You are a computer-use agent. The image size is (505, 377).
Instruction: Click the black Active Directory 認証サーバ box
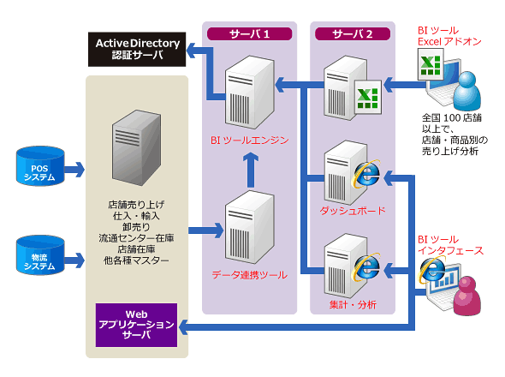137,50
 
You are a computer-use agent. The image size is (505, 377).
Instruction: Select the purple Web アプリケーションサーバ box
136,325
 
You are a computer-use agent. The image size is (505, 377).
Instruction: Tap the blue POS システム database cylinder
40,166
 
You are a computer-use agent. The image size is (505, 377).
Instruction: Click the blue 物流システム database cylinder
40,255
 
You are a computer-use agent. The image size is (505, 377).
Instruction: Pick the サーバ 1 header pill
249,34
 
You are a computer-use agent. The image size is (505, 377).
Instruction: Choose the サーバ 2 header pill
353,34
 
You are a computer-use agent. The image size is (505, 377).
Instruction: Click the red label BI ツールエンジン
250,141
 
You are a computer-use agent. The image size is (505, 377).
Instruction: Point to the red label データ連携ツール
250,275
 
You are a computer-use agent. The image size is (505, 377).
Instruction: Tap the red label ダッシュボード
353,211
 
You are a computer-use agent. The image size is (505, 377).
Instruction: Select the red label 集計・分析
353,304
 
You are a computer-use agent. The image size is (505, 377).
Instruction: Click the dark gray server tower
136,147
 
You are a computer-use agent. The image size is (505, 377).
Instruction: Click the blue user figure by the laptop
467,91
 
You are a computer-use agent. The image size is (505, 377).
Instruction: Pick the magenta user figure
467,296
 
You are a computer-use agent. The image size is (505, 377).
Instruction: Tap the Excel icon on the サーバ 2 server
368,97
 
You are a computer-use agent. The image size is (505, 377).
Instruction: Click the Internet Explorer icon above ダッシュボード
366,173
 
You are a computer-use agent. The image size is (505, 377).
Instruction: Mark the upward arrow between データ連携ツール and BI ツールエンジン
251,170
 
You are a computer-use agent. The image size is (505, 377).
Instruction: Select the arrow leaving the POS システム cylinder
74,170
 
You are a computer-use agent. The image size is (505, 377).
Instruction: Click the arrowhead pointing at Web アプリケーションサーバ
183,327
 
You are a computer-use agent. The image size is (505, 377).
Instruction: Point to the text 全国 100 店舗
452,117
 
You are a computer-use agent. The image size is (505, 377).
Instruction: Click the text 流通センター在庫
136,238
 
